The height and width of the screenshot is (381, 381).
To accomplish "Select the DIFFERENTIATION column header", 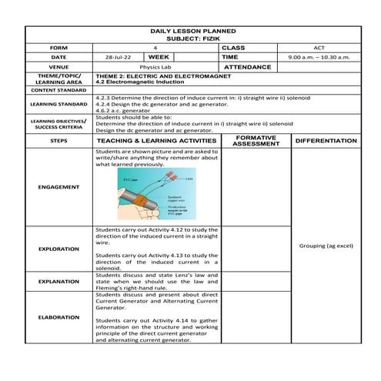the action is (x=325, y=142).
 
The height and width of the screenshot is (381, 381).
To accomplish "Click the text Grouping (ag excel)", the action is (x=325, y=246).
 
